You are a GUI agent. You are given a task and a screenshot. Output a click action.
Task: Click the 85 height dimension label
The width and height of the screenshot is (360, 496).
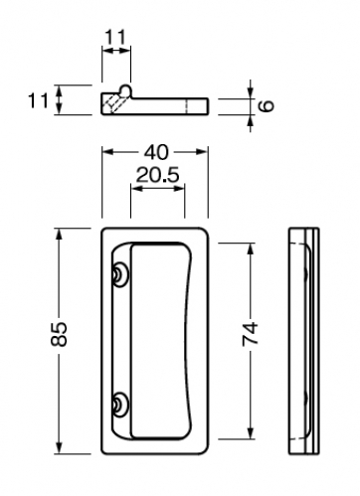coord(60,334)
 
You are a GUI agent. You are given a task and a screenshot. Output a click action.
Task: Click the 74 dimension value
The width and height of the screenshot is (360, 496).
coord(250,334)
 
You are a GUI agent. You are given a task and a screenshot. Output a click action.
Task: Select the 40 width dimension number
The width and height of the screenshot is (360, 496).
coord(156,152)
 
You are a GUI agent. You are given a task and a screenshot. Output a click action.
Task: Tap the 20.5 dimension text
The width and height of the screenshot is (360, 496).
coord(157,175)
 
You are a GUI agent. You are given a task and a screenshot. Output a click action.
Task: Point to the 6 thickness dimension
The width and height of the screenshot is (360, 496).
coord(267,106)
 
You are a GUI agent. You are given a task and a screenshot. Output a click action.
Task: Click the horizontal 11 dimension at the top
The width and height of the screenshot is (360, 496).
coord(115,38)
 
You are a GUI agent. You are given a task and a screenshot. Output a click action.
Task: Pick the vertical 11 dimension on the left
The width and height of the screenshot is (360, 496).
coord(39,100)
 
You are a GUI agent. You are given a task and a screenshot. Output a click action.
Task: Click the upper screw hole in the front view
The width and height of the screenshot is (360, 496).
coord(119,274)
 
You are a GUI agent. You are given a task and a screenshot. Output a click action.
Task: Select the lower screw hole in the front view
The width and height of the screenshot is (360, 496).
coord(119,404)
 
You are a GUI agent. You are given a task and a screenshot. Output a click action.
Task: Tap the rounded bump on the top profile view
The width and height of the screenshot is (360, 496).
coord(126,89)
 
